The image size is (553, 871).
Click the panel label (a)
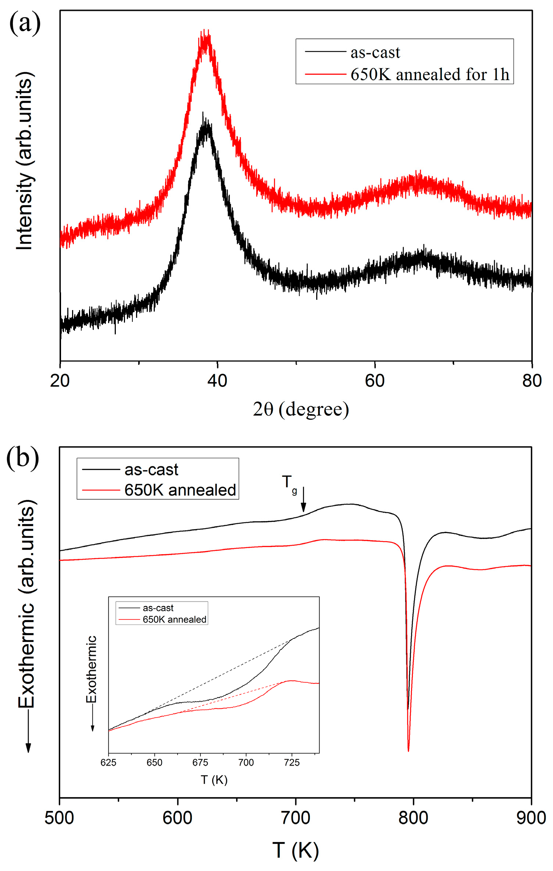(x=25, y=23)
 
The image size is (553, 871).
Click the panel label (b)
(x=22, y=458)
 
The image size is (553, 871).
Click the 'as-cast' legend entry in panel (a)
(x=375, y=52)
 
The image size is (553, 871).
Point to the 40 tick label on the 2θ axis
(x=217, y=381)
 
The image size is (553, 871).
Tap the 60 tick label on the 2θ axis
(x=375, y=381)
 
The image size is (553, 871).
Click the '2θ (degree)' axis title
(x=301, y=409)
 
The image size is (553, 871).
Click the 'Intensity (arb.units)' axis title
(x=25, y=161)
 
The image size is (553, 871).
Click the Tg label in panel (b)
(x=289, y=483)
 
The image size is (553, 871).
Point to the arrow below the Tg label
(x=303, y=500)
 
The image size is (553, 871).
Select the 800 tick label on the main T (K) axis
(x=413, y=818)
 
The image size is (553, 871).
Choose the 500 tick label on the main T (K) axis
(x=59, y=818)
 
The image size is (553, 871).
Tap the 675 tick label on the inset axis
(x=200, y=762)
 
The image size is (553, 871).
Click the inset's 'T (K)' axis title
(x=214, y=780)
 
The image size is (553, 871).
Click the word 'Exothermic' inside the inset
(x=91, y=669)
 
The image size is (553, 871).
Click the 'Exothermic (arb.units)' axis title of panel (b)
(x=26, y=603)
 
